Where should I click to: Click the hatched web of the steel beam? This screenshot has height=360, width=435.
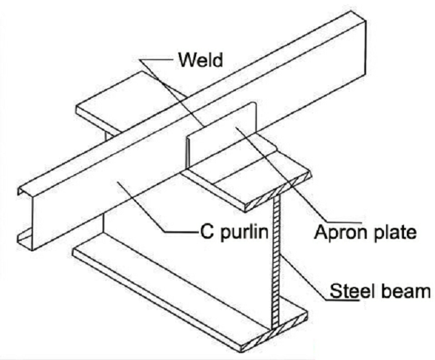[x=278, y=262]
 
